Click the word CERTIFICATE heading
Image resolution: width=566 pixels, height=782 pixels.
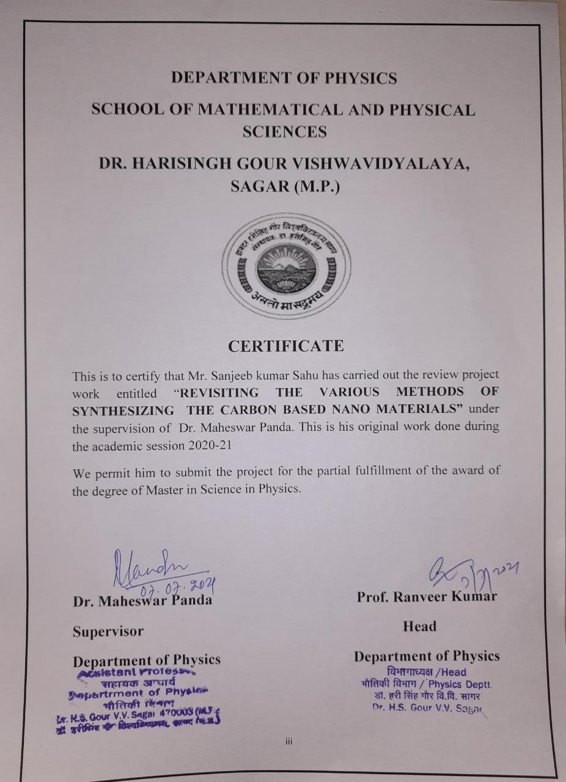tap(285, 346)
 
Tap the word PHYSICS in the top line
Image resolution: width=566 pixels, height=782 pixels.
tap(361, 78)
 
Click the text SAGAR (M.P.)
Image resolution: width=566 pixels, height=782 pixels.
tap(285, 186)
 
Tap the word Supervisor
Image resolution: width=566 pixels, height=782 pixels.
tap(108, 631)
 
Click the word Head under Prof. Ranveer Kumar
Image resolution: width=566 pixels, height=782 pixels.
tap(419, 626)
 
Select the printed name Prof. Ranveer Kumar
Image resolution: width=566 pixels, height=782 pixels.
tap(427, 596)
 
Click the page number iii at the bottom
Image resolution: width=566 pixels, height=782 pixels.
tap(289, 742)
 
